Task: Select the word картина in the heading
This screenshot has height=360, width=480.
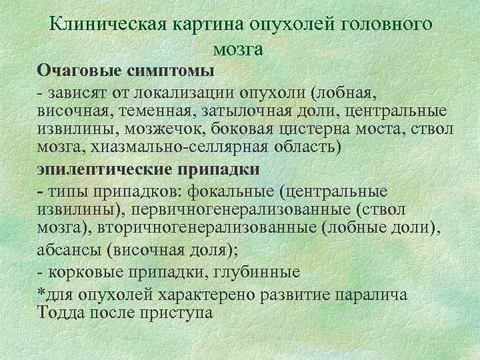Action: [200, 25]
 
